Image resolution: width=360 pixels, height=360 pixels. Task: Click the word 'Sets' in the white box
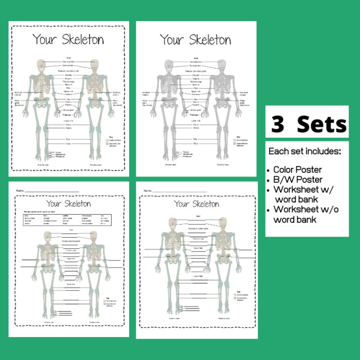(322, 125)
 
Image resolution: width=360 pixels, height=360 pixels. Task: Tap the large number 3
(278, 125)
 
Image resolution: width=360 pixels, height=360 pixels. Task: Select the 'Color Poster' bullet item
(297, 170)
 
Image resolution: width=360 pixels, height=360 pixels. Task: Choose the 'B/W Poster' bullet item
(295, 180)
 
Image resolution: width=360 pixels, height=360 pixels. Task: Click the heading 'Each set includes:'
(304, 152)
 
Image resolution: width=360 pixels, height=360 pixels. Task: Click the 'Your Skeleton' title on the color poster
(68, 39)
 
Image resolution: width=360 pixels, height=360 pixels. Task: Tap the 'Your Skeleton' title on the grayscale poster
(195, 40)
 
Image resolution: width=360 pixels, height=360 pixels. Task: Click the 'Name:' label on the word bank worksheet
(20, 191)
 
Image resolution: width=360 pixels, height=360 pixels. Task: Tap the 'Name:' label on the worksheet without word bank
(148, 191)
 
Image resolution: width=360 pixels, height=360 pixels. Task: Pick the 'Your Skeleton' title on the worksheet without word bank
(196, 204)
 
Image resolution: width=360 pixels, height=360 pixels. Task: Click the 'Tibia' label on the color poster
(68, 139)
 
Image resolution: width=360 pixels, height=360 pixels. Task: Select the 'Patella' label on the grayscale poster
(195, 128)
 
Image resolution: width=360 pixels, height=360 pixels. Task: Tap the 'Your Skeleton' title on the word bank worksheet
(68, 204)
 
